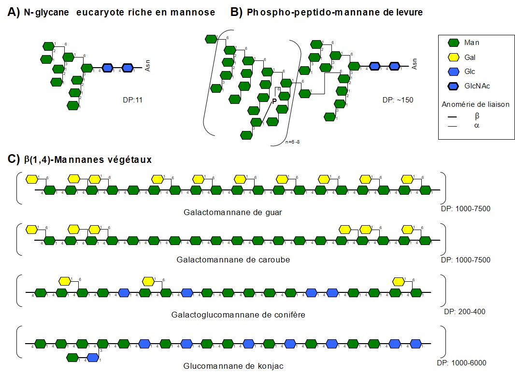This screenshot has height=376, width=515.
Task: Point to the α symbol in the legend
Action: point(477,126)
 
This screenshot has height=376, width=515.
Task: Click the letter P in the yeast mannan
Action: point(274,101)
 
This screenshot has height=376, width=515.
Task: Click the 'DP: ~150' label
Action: point(397,101)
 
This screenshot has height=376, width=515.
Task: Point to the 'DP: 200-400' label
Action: point(464,312)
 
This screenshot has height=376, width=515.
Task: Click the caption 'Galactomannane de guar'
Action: point(232,212)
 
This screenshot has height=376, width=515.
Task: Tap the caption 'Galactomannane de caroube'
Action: point(233,260)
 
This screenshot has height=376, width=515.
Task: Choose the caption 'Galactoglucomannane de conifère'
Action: point(238,315)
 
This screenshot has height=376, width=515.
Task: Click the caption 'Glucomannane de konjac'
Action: point(233,365)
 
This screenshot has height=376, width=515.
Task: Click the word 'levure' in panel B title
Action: point(408,13)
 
